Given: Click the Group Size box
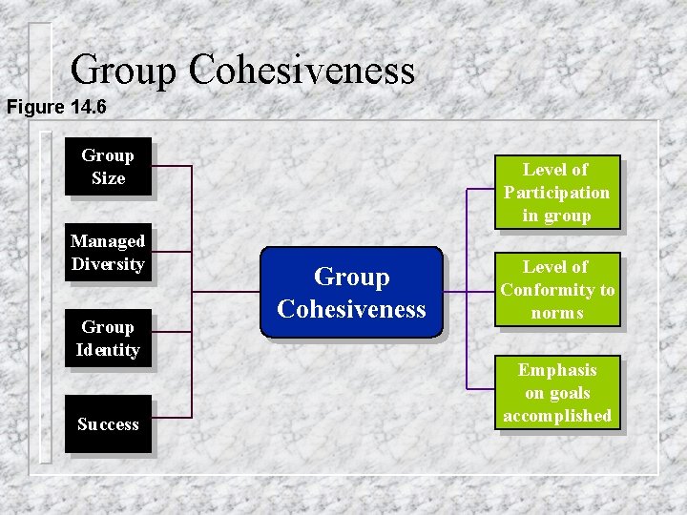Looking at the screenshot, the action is pos(108,167).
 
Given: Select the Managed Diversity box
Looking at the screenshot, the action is pos(108,253).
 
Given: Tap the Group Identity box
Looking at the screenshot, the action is pos(108,339).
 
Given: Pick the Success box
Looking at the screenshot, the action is pos(108,424).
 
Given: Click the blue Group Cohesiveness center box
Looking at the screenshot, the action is pos(351,293).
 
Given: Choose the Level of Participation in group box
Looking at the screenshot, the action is pos(556,193).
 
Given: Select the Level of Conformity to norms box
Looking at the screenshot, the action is pos(557,290).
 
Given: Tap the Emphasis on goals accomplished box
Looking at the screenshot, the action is pos(557,393).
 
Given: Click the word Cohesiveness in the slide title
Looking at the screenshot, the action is pos(302,70).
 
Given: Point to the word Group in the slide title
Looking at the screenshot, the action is pos(123,70).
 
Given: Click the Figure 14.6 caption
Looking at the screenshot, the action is pos(56,107).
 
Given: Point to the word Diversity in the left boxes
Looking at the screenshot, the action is pos(108,264).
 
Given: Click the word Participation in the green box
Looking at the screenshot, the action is pos(556,193).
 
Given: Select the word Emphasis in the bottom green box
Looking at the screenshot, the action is pos(557,370).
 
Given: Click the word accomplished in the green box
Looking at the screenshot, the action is pos(557,416).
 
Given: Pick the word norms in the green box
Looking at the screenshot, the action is pos(557,313).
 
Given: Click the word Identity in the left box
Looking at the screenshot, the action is pos(108,350).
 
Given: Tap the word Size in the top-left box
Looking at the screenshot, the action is pos(108,178).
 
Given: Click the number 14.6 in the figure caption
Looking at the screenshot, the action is pos(88,107).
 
